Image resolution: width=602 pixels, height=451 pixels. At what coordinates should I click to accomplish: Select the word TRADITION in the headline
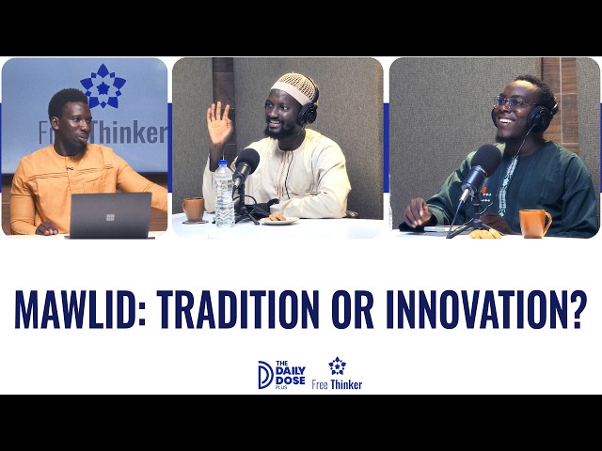point(238,309)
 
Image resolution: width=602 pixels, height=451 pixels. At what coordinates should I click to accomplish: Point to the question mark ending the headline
point(578,309)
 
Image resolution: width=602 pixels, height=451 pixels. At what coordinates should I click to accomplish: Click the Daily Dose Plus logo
point(282,375)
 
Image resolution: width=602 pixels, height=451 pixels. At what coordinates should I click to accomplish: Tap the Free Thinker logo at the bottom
point(337,374)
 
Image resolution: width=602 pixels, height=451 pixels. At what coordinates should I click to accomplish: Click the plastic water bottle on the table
point(224,194)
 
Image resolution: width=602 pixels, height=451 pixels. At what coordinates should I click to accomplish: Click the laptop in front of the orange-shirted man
point(111,215)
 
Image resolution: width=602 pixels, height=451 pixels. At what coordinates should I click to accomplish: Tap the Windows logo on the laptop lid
point(110,217)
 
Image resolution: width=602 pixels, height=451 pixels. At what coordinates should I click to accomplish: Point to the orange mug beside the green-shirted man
point(534,224)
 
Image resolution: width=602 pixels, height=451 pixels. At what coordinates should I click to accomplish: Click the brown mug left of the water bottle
point(193,210)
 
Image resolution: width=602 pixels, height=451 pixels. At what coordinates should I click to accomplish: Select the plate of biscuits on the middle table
point(279,220)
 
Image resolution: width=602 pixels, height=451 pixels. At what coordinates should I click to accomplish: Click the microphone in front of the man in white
point(246,165)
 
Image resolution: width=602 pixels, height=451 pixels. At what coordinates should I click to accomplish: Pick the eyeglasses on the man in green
point(513,102)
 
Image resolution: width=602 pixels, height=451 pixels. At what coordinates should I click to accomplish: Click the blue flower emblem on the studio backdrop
point(103,86)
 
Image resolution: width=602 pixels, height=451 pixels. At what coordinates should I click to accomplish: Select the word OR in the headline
point(353,309)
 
